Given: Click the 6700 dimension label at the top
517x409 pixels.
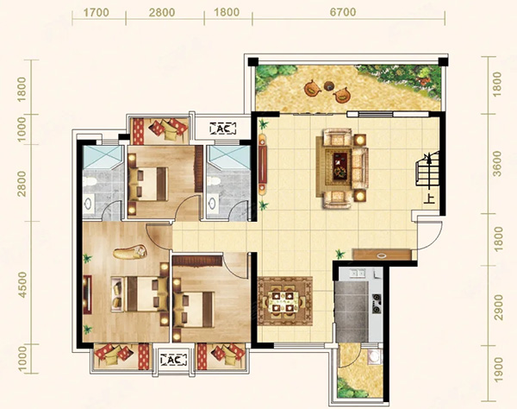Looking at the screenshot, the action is click(x=343, y=13).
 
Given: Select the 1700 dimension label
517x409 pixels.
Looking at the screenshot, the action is click(x=96, y=13).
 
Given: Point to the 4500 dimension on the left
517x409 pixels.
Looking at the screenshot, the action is click(x=22, y=285).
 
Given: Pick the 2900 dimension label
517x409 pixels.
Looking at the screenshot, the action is click(x=499, y=307).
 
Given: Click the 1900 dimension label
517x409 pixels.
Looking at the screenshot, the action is click(x=499, y=369).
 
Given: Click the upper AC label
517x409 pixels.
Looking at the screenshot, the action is click(x=223, y=129).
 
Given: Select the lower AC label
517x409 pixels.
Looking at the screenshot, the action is click(x=173, y=360).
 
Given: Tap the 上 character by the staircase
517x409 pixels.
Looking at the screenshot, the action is click(x=430, y=199).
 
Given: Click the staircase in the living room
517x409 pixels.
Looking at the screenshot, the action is click(x=428, y=168).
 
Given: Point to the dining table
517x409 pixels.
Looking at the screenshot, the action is click(x=285, y=301).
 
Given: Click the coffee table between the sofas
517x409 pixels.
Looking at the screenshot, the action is click(x=340, y=166).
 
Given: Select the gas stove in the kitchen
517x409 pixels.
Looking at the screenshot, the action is click(x=377, y=304).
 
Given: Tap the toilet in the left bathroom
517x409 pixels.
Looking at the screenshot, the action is click(x=89, y=181).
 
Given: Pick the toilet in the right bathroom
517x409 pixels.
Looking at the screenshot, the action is click(x=214, y=181).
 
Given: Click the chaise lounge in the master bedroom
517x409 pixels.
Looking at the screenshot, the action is click(x=130, y=253).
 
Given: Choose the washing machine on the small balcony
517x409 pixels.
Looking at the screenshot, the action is click(x=374, y=356).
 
